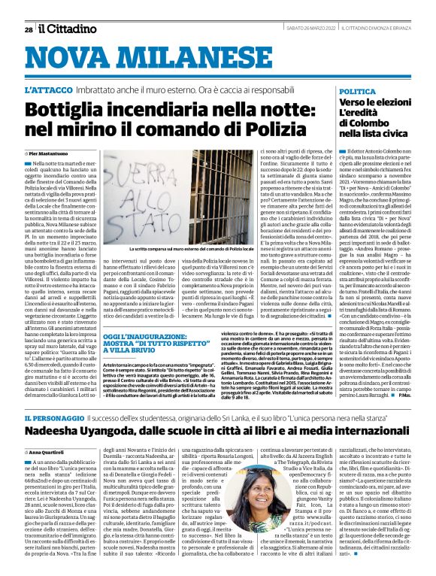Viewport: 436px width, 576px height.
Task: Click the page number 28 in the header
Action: pos(28,10)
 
